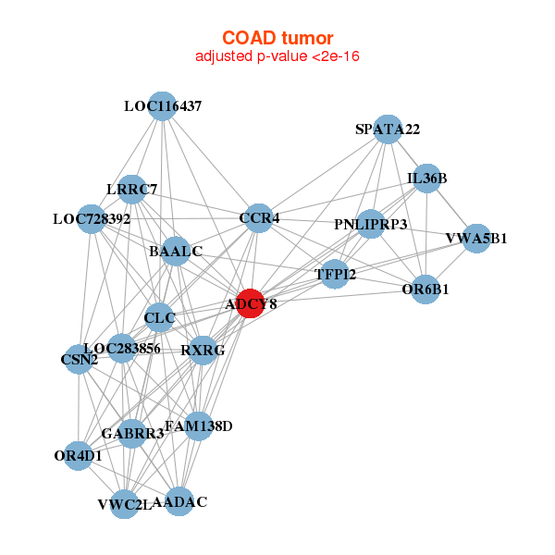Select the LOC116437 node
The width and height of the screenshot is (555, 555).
[x=163, y=106]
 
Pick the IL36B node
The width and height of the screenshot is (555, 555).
[x=426, y=178]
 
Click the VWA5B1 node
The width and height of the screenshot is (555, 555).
[x=476, y=239]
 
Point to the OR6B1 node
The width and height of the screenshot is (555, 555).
[x=425, y=290]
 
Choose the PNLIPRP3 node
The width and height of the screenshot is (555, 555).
[x=371, y=224]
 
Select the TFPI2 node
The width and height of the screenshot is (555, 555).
[x=335, y=274]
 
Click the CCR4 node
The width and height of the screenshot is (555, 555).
[x=259, y=218]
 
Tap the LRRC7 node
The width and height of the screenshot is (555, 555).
[x=132, y=190]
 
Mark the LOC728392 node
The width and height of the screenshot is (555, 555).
[x=92, y=219]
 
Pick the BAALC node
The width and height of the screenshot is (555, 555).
[x=176, y=251]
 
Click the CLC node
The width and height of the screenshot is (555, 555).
[x=159, y=317]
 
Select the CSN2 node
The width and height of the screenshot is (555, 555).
[x=80, y=358]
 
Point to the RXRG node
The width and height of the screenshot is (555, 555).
[x=203, y=350]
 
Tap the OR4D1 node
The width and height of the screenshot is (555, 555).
[x=79, y=455]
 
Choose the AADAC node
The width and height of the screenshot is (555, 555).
[x=179, y=502]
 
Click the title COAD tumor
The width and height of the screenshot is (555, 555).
[x=277, y=37]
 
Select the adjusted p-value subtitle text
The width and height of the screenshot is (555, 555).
[x=277, y=56]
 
